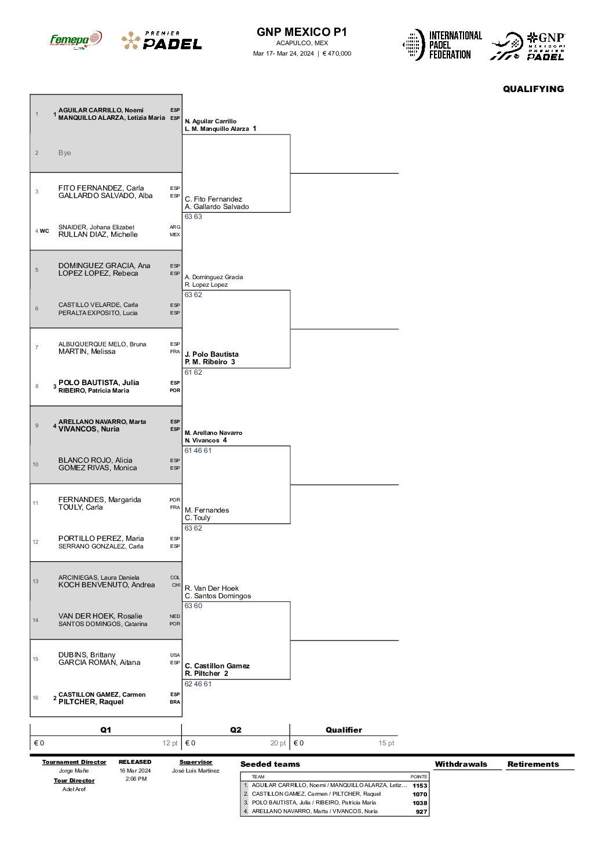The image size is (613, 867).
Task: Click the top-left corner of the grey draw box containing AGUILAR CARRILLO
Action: click(30, 94)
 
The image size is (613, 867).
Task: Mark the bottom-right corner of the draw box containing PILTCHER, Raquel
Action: click(182, 716)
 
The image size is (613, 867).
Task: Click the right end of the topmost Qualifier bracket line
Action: click(399, 173)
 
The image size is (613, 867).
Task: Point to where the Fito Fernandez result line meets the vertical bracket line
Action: click(290, 212)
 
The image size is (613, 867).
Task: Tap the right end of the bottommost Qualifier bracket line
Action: click(399, 640)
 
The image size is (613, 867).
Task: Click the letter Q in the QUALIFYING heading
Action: click(506, 89)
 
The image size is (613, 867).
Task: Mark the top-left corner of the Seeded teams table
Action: click(240, 773)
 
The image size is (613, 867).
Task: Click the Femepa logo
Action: click(76, 40)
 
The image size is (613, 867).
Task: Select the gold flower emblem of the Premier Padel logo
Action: click(130, 41)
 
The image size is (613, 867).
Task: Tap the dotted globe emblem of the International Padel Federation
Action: click(414, 45)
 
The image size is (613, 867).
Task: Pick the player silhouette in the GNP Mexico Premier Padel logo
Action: click(506, 46)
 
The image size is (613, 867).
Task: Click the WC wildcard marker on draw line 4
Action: click(45, 231)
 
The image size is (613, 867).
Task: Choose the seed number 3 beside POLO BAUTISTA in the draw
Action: click(54, 386)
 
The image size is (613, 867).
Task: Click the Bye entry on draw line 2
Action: click(65, 152)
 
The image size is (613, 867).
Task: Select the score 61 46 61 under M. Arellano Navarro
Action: click(198, 451)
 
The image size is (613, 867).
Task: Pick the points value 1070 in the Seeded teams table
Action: click(419, 794)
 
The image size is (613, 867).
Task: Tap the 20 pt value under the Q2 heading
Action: click(278, 743)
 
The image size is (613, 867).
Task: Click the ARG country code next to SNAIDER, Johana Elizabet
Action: click(174, 227)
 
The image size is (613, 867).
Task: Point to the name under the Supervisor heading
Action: click(196, 771)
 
